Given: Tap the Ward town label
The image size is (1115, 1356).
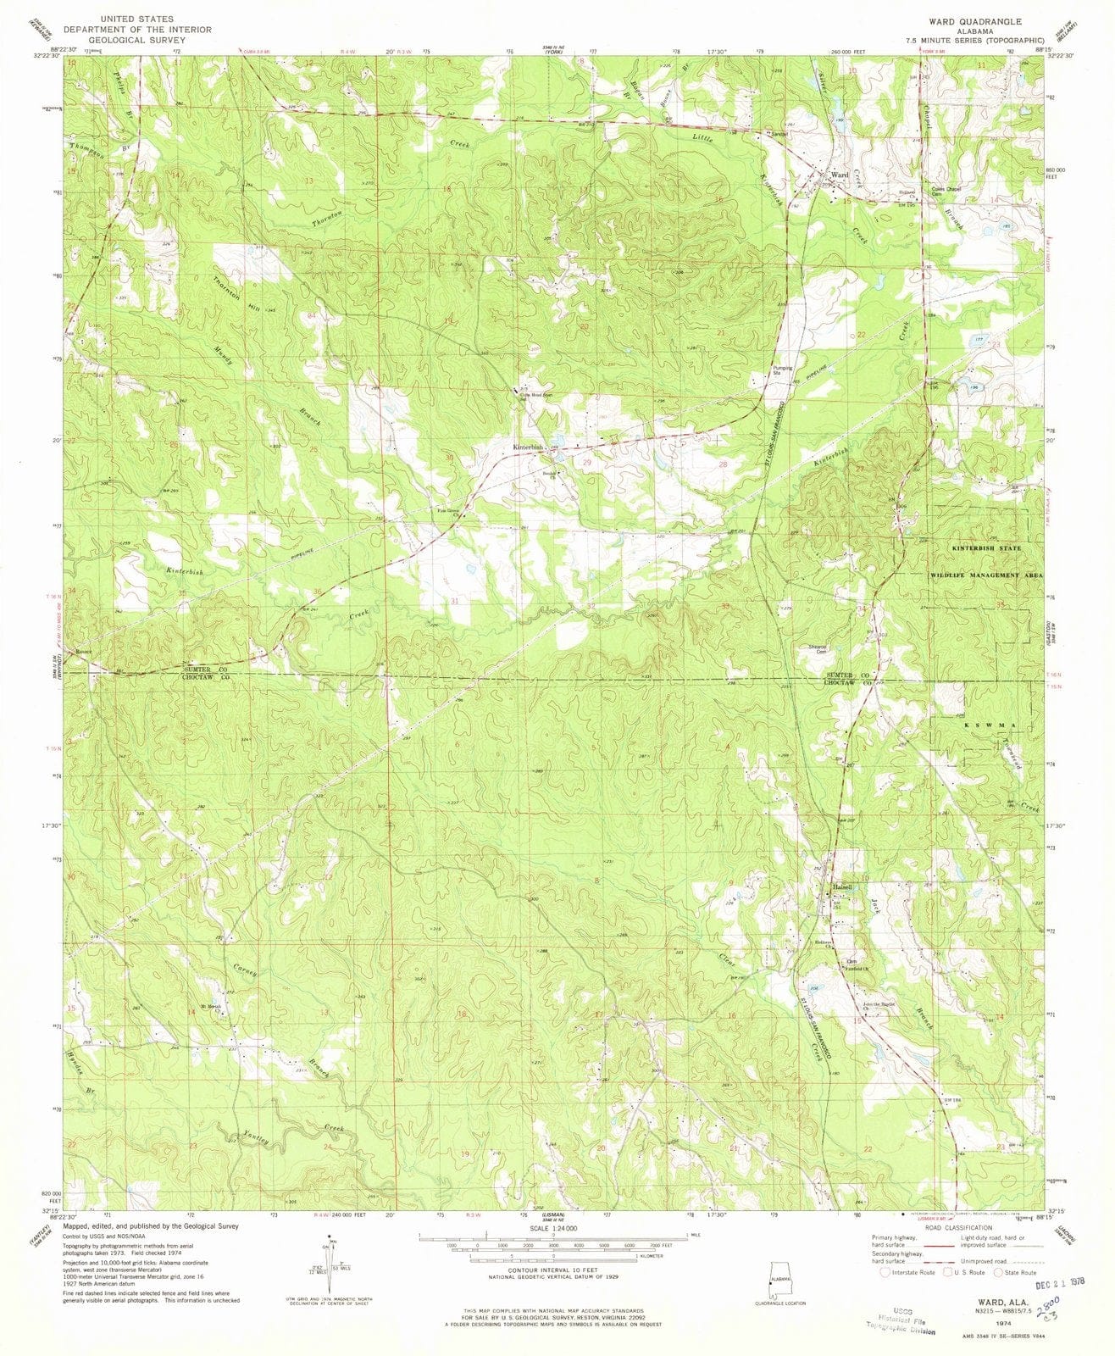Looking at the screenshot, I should (x=840, y=175).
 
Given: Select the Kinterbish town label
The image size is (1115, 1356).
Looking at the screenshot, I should (x=526, y=447).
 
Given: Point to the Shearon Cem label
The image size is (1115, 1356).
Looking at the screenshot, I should (x=815, y=649).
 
